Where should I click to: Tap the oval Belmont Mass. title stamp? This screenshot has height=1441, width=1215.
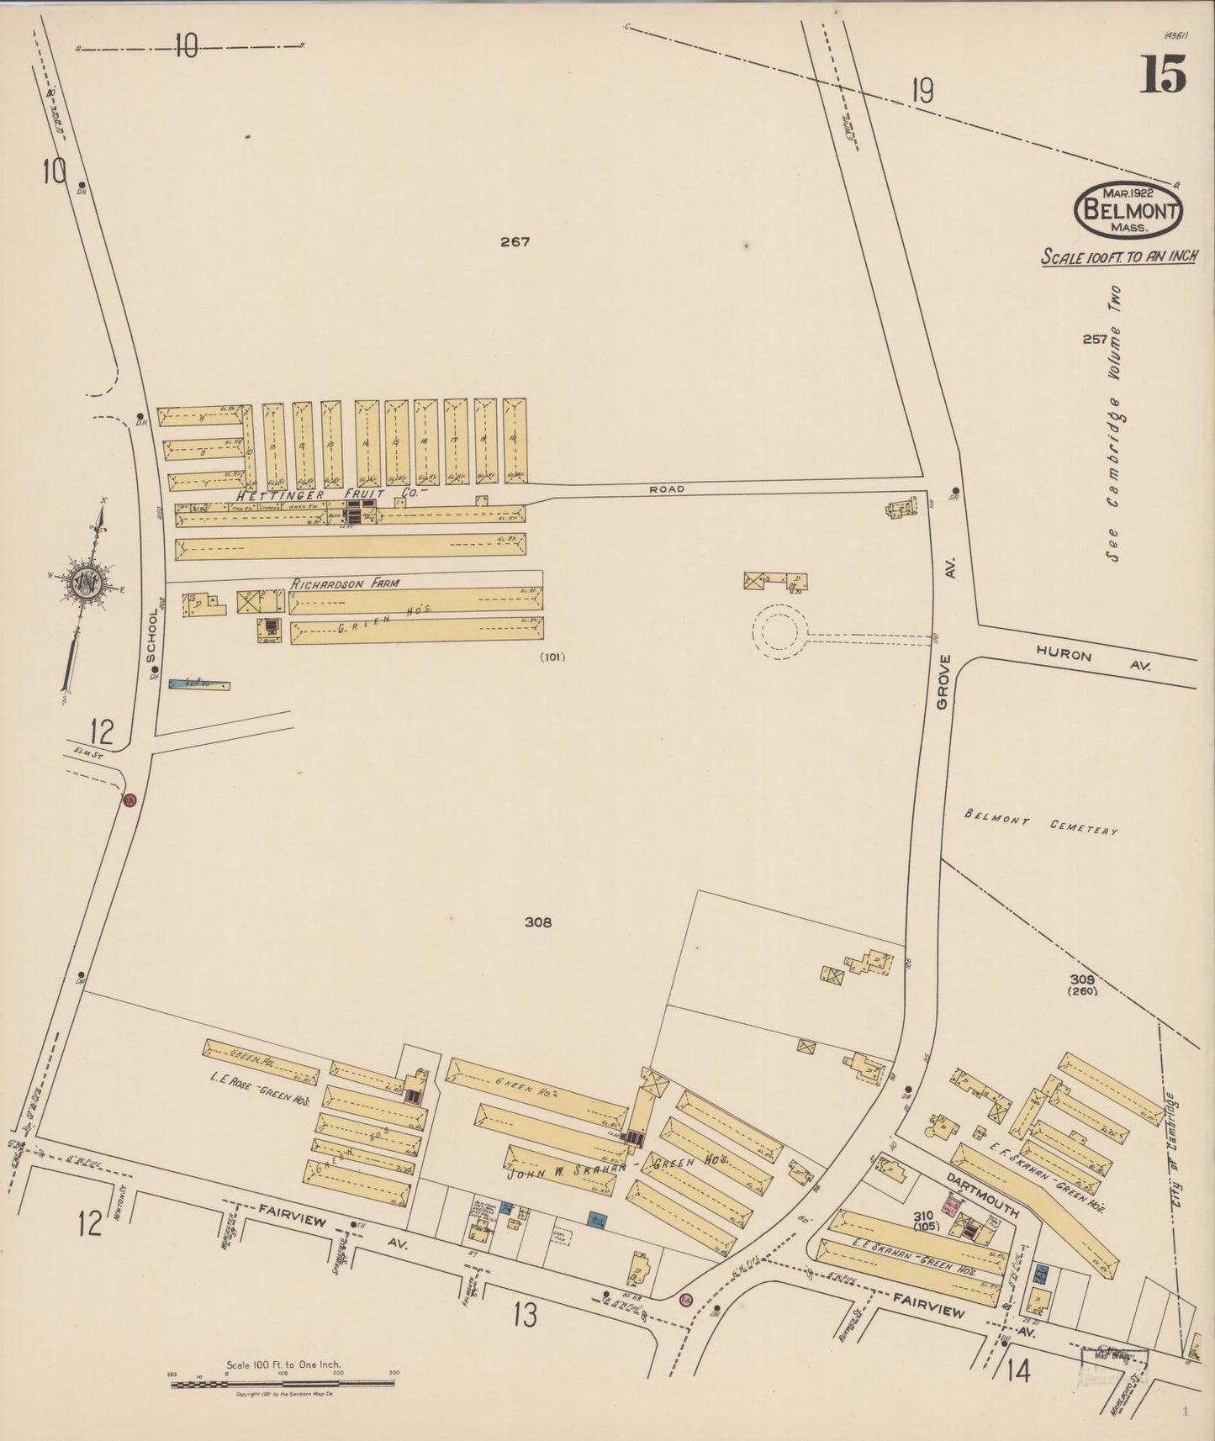pyautogui.click(x=1128, y=209)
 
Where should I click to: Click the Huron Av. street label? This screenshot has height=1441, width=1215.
pyautogui.click(x=1092, y=657)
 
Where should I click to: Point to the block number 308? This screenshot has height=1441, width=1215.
pyautogui.click(x=537, y=922)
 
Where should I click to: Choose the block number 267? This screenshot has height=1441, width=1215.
pyautogui.click(x=515, y=242)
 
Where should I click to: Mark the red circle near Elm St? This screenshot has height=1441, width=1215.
pyautogui.click(x=130, y=800)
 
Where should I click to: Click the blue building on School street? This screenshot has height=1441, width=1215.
pyautogui.click(x=198, y=686)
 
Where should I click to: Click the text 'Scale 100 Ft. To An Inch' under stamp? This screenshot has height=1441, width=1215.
pyautogui.click(x=1118, y=256)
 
